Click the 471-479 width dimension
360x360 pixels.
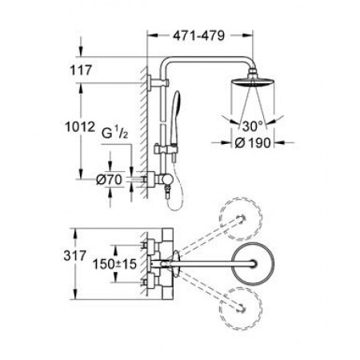pos(198,35)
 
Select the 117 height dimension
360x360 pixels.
pos(81,70)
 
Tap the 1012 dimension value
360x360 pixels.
pos(80,126)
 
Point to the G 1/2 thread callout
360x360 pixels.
pos(115,134)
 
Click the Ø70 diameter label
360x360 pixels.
pos(110,180)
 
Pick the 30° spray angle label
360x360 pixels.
pos(252,126)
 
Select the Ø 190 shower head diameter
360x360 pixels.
pos(253,143)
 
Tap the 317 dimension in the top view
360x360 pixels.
pos(75,256)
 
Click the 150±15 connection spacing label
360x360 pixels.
pos(114,264)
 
